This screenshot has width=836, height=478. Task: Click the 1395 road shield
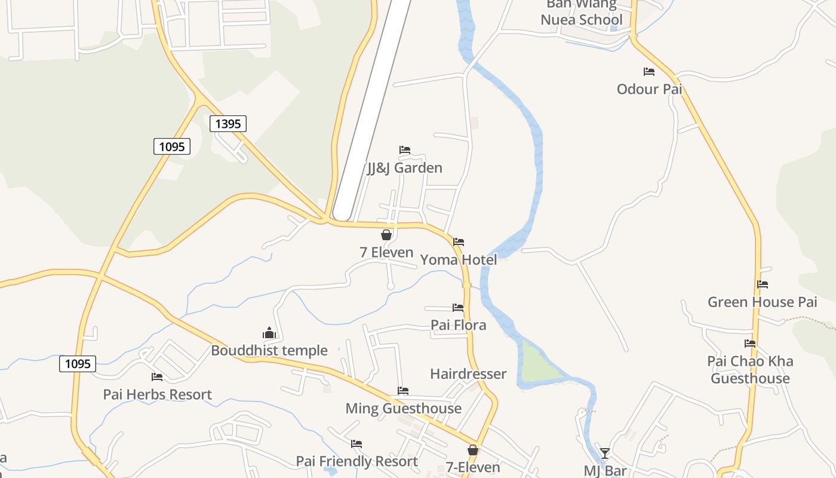coord(228,124)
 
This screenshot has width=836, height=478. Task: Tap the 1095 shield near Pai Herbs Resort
coord(78,363)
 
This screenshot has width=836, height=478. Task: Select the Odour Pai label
coord(649,89)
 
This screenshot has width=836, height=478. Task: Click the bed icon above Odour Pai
coord(649,72)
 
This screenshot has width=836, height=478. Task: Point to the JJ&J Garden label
coord(405,167)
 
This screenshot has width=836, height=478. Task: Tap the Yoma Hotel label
coord(459,259)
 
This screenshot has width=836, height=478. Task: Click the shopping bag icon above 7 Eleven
coord(386,235)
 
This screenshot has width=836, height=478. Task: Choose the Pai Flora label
coord(459,325)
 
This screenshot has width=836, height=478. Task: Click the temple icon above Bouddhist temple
coord(269,333)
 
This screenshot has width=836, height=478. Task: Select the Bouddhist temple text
coord(269,350)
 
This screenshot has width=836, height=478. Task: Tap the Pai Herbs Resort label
coord(158,394)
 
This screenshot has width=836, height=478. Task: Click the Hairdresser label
coord(468,373)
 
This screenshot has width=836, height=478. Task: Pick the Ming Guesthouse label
coord(404,408)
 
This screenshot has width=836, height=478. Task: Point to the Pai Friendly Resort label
coord(357,461)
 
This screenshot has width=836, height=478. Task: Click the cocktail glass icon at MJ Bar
coord(605,453)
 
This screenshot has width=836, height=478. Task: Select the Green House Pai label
coord(763,302)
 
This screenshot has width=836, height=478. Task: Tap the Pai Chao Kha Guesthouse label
coord(751,369)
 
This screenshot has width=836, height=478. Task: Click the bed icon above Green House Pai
coord(763,284)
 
